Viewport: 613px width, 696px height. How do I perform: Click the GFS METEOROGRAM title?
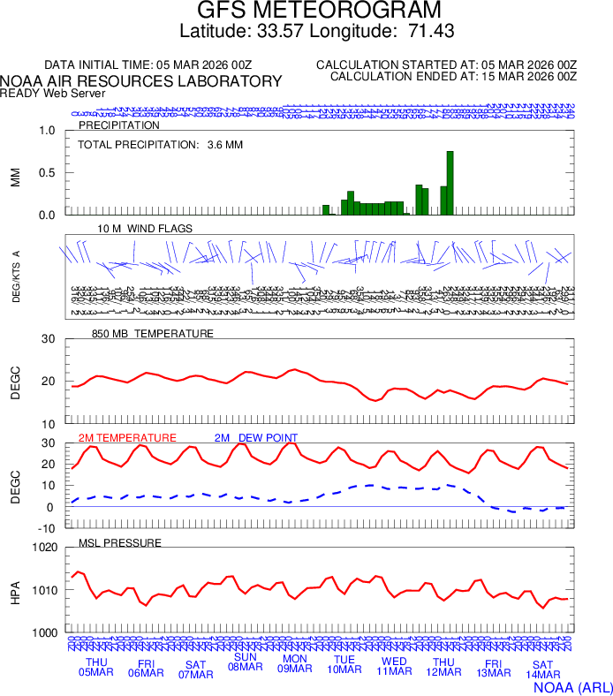306,11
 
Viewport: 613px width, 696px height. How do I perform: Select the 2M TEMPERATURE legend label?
127,437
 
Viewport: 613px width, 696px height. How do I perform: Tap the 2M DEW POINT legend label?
256,437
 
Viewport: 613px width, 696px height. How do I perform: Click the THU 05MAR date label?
96,667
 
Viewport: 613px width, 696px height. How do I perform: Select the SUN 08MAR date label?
246,662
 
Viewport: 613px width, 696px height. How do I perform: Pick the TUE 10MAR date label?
344,664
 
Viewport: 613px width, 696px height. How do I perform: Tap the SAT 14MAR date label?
542,670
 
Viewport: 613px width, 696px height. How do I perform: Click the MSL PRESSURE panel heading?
120,542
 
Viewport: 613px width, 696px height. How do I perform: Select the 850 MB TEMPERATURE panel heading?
152,334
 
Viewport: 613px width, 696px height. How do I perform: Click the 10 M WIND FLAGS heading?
145,228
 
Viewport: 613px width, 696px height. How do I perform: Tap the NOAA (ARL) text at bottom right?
571,685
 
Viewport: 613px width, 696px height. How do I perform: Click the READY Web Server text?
53,93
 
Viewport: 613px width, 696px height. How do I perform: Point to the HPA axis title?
15,590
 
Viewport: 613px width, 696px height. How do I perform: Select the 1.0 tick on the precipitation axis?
47,131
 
